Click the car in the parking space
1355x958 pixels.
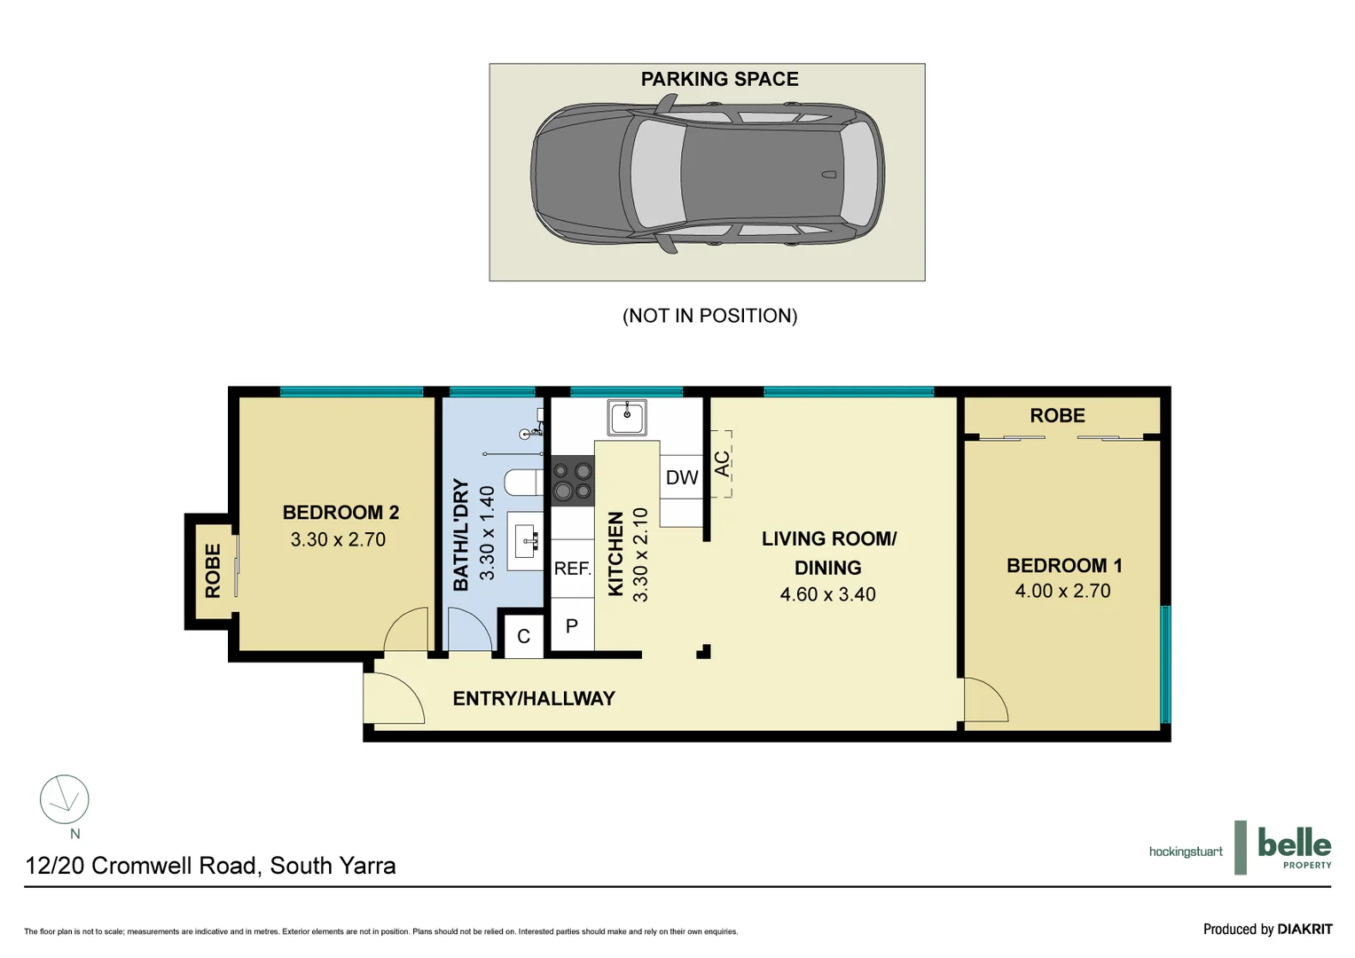[707, 174]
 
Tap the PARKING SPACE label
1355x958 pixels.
[719, 80]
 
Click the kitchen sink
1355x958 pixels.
[627, 417]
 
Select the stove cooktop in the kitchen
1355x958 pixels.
[573, 481]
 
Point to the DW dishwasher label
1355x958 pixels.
[682, 478]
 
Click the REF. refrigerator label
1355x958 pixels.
[572, 569]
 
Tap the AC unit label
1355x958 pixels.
[722, 463]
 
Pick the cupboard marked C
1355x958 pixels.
[523, 636]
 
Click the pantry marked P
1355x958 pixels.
[572, 626]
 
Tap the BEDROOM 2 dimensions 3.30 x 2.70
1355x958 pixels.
[338, 539]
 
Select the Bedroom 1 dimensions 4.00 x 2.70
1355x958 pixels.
[1062, 591]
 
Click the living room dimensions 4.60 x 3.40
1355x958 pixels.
[827, 594]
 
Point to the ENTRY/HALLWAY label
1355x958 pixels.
[534, 699]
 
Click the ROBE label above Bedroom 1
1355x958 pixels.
[1057, 416]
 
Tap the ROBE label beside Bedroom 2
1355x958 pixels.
[213, 571]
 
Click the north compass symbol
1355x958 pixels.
[65, 800]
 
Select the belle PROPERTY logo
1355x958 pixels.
[1294, 847]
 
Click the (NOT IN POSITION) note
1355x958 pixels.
[709, 316]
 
